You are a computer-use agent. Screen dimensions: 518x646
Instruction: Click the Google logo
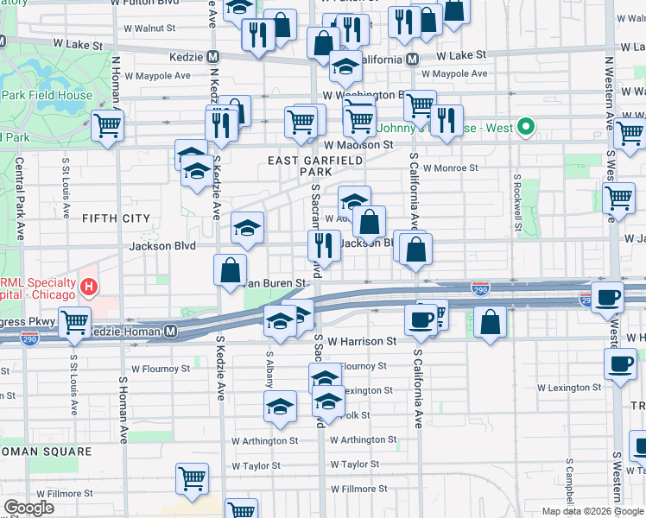[28, 508]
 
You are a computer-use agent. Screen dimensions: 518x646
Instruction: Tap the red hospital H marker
[88, 286]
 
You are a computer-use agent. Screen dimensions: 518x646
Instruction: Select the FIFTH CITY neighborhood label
[116, 218]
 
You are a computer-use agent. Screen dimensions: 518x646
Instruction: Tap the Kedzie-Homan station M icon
[171, 331]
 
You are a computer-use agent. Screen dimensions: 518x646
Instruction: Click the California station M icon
[412, 60]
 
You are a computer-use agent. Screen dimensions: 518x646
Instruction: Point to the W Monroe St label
[450, 168]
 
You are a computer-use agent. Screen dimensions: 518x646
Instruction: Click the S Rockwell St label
[516, 199]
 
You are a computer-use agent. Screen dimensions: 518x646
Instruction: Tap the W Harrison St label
[361, 342]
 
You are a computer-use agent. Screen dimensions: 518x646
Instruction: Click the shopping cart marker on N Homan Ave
[108, 126]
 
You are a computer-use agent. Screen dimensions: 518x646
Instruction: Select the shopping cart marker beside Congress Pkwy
[75, 322]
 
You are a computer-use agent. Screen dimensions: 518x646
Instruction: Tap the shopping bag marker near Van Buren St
[231, 269]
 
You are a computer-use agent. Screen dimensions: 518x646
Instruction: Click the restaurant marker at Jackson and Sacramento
[319, 245]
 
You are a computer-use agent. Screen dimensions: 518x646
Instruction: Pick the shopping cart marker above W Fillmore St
[192, 477]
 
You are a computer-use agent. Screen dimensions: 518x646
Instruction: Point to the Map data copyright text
[592, 510]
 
